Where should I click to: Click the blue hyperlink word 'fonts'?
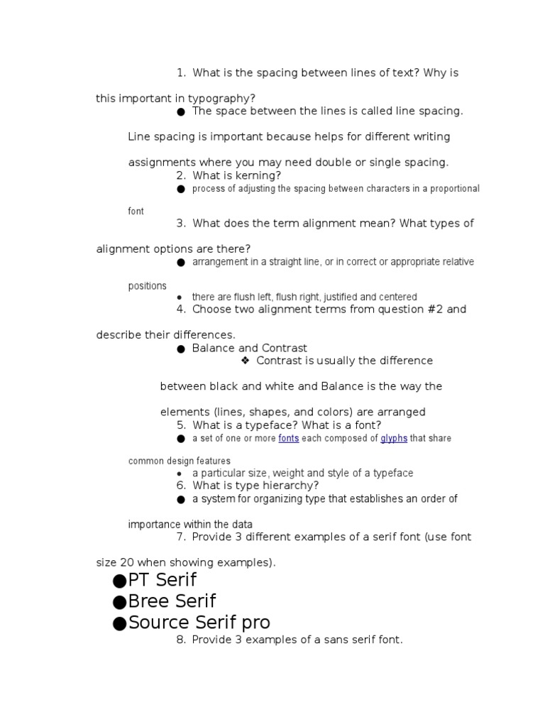(x=288, y=438)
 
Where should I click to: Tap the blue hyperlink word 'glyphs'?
(x=394, y=438)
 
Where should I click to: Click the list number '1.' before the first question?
(x=181, y=72)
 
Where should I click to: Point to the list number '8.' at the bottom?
(x=181, y=640)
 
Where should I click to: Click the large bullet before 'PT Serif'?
(x=119, y=581)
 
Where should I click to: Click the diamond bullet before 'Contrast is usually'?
(x=246, y=361)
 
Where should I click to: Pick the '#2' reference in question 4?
(x=434, y=310)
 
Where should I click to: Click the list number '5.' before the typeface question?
(x=181, y=425)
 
